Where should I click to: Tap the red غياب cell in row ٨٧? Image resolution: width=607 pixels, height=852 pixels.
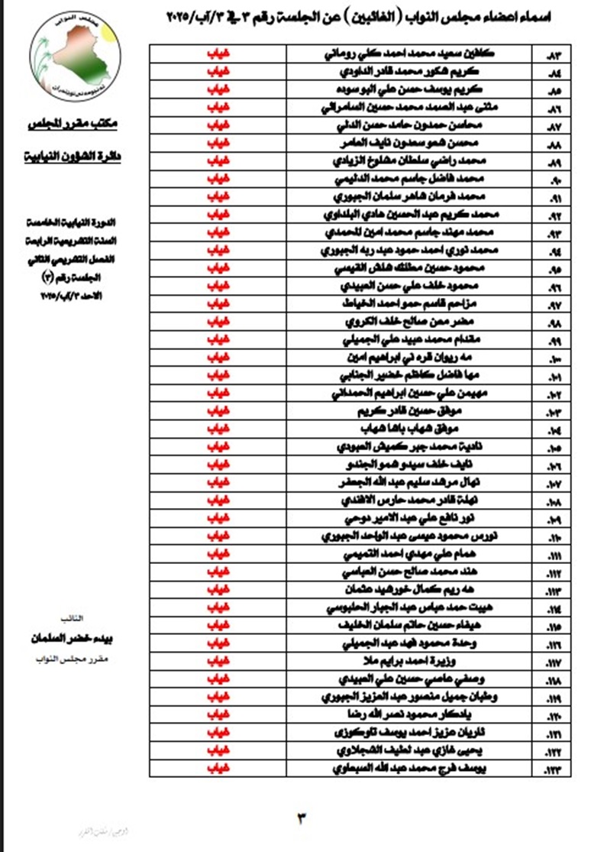click(x=218, y=125)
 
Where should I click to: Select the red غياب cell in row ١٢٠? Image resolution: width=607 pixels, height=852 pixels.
click(x=218, y=716)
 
